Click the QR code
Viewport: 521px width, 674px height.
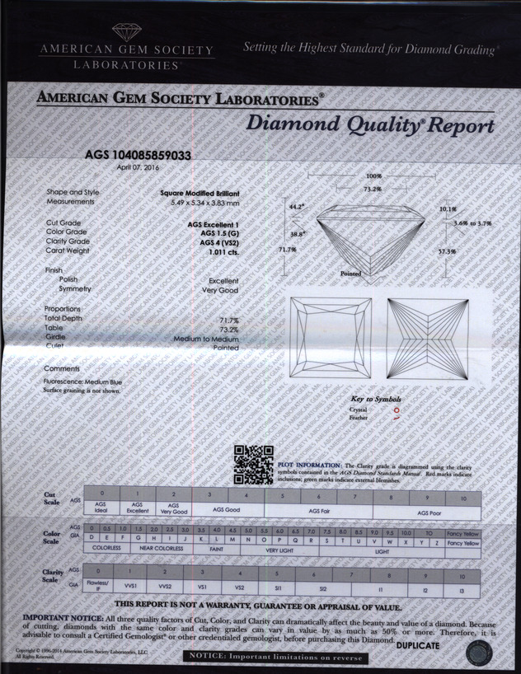(253, 464)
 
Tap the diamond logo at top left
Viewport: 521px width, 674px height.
(126, 32)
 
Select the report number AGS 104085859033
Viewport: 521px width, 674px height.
(138, 154)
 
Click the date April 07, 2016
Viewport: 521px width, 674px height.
(138, 167)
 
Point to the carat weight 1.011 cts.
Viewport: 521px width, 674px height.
(219, 250)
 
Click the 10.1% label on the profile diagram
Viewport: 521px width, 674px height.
(447, 209)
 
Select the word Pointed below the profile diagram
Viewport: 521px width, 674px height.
(350, 273)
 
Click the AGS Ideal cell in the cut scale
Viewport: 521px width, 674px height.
(101, 508)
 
